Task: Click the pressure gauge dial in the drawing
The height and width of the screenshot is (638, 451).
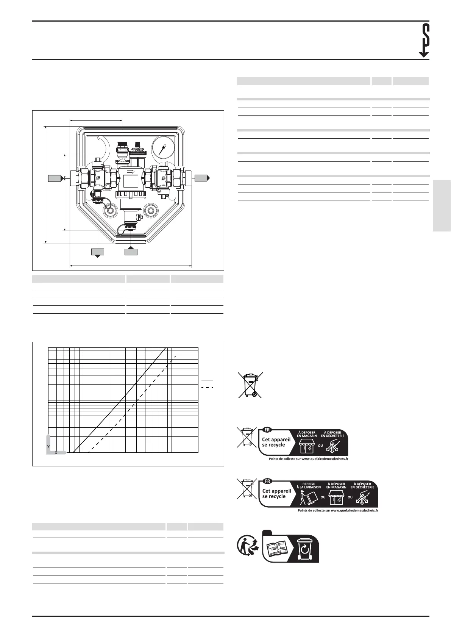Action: tap(163, 146)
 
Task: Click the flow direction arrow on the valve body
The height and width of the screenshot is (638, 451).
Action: tap(130, 172)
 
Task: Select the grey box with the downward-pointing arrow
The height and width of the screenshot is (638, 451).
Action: tap(98, 252)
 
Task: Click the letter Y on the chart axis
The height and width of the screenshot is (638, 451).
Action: tap(48, 447)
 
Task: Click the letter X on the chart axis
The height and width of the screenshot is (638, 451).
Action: tap(56, 453)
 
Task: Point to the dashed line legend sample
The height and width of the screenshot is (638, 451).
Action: tap(207, 388)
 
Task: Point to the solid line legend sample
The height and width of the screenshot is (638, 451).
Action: tap(207, 380)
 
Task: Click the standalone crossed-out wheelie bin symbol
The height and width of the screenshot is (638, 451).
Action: tap(250, 385)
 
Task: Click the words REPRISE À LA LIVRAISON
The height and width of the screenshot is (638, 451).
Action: tap(309, 485)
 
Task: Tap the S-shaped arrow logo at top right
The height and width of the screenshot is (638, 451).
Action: tap(424, 40)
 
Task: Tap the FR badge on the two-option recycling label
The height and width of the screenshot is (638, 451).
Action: tap(267, 430)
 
